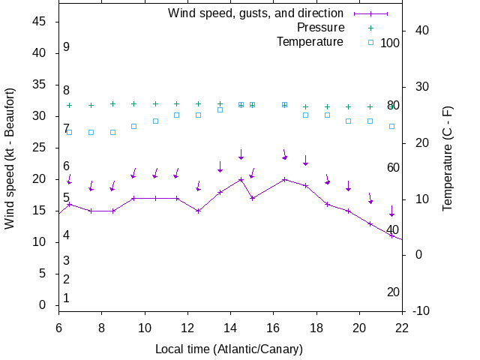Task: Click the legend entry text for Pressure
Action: (x=320, y=28)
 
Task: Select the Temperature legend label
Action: (x=310, y=42)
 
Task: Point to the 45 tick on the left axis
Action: (x=40, y=22)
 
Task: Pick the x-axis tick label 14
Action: (x=230, y=327)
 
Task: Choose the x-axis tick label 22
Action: (x=402, y=327)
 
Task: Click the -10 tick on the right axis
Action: (x=420, y=310)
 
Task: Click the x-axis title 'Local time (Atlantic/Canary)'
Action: (x=229, y=349)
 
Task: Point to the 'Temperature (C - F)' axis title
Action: (x=448, y=158)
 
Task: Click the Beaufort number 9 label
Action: (x=66, y=47)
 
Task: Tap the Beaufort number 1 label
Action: (x=66, y=298)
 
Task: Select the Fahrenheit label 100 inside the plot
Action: (x=390, y=43)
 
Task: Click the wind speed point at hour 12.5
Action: (x=198, y=211)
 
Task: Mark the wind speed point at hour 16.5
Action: (x=284, y=179)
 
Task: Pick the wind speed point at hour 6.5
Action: (x=69, y=204)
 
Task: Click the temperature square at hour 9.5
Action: (x=133, y=126)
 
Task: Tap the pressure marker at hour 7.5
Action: (x=91, y=106)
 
